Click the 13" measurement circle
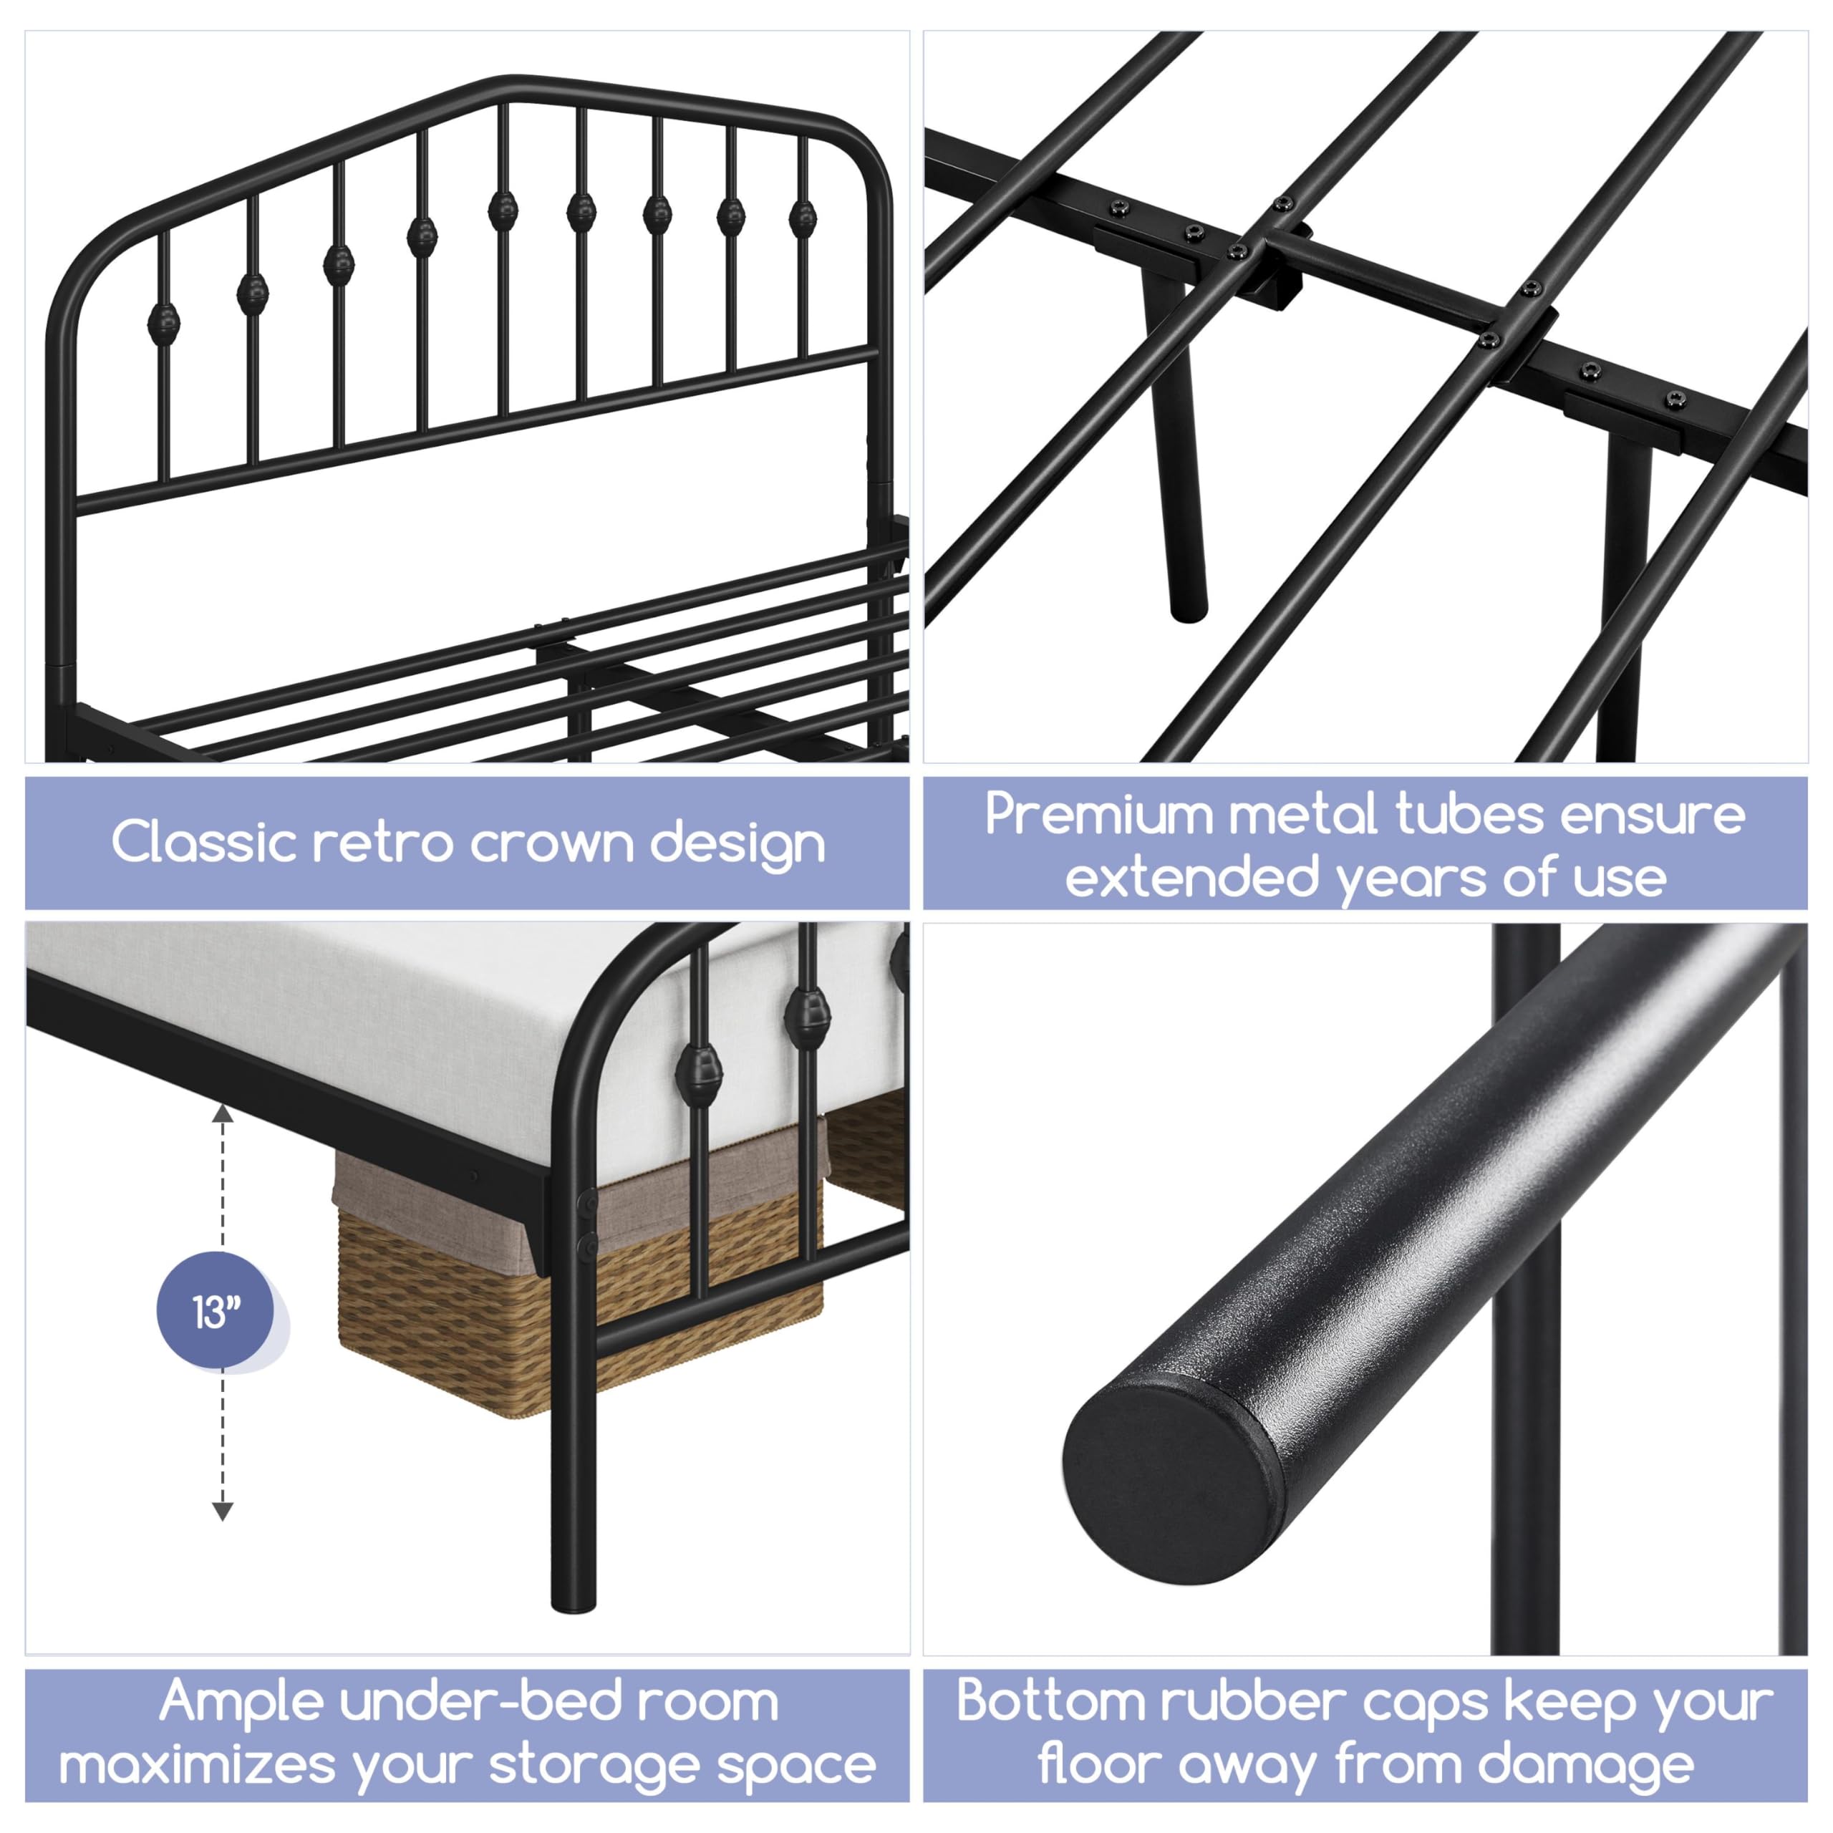click(216, 1312)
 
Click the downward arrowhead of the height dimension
click(222, 1512)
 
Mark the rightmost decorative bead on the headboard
click(802, 217)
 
